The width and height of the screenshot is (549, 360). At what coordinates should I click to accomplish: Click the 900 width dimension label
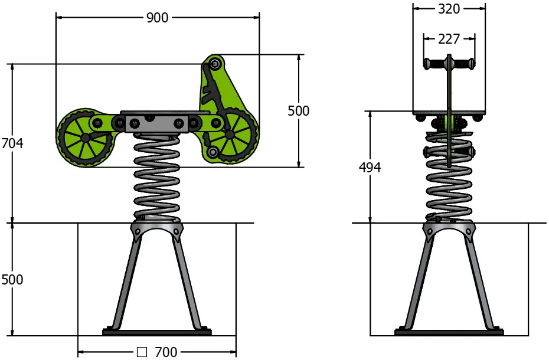[158, 18]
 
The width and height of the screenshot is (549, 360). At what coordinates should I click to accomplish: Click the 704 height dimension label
[12, 143]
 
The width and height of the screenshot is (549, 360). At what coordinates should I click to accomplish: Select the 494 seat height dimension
[370, 167]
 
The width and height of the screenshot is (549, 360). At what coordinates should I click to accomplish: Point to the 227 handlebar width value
[449, 39]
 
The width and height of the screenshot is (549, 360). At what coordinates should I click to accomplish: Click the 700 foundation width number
[166, 352]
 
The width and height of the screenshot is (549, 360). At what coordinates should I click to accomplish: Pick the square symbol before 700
[142, 352]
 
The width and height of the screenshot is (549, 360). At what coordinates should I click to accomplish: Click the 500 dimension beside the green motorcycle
[298, 110]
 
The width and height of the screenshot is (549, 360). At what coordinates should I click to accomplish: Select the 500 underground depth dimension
[12, 279]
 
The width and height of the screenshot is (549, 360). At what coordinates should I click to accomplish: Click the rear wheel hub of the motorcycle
[86, 137]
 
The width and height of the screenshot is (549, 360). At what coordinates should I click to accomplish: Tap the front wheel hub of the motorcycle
[229, 135]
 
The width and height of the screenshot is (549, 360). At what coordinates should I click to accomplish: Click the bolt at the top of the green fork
[215, 63]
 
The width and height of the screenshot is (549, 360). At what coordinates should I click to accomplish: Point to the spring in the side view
[157, 177]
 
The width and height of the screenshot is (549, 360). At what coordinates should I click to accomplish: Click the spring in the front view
[449, 183]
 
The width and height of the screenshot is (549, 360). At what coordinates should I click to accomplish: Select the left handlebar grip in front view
[434, 63]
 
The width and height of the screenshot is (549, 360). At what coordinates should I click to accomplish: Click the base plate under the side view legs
[157, 332]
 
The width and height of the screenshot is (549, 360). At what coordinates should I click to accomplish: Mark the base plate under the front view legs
[449, 332]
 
